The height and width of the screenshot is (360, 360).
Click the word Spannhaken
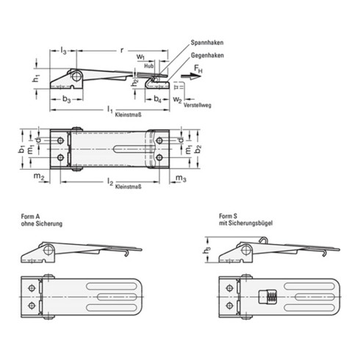[x=206, y=45]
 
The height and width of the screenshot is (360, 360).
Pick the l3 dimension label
[x=63, y=50]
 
